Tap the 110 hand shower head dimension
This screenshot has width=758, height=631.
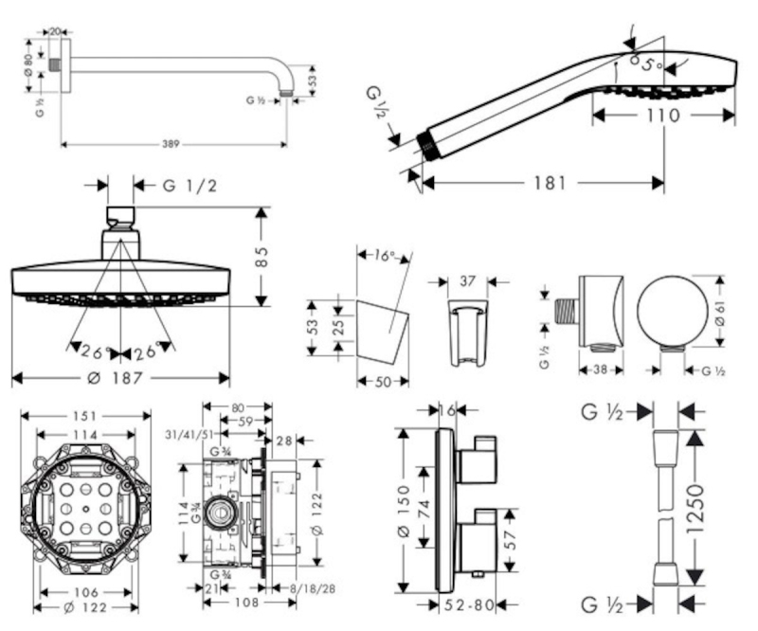[x=663, y=116]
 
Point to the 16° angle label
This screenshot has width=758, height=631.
[x=384, y=256]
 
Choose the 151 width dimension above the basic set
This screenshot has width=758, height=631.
[x=86, y=415]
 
